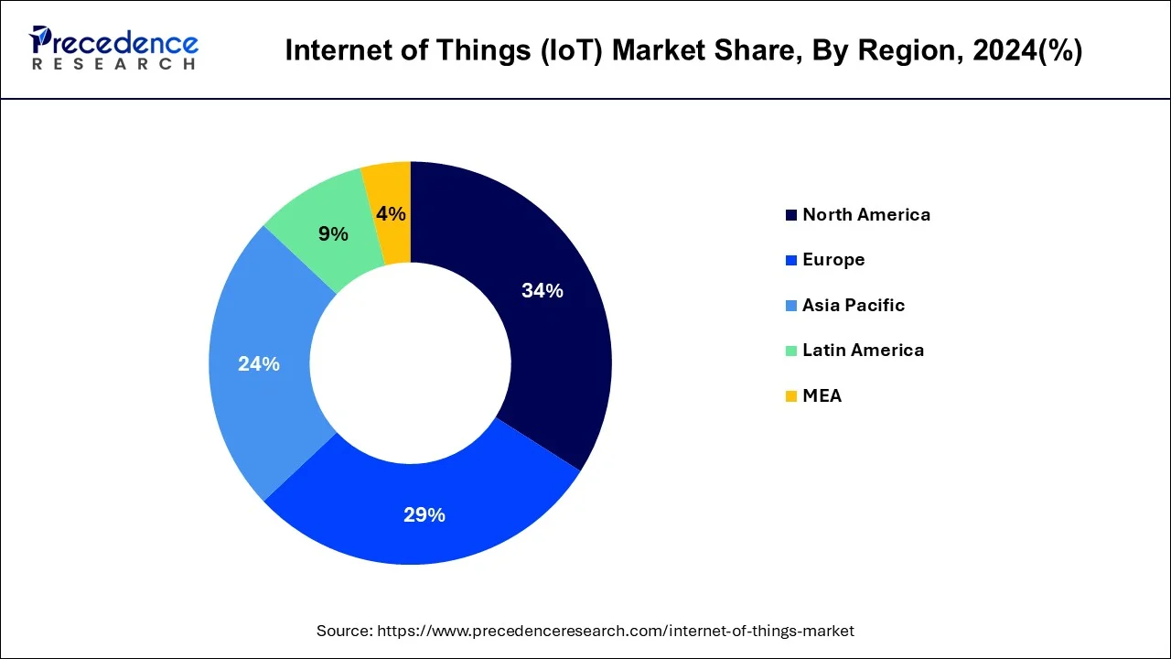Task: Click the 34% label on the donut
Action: tap(542, 291)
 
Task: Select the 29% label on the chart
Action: tap(424, 515)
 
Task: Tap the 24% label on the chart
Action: tap(258, 364)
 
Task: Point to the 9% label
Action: tap(333, 234)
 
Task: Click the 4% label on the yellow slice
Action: tap(391, 214)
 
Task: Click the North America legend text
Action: tap(865, 215)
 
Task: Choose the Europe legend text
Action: tap(833, 260)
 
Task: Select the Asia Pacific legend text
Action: tap(853, 306)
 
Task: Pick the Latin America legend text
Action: tap(863, 351)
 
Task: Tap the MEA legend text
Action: tap(822, 396)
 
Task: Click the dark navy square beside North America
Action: tap(790, 215)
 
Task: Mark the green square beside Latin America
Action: tap(790, 351)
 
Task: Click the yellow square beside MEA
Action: tap(790, 396)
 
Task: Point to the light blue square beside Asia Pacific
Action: tap(790, 306)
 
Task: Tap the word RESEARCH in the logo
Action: tap(113, 64)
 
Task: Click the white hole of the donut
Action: tap(410, 363)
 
